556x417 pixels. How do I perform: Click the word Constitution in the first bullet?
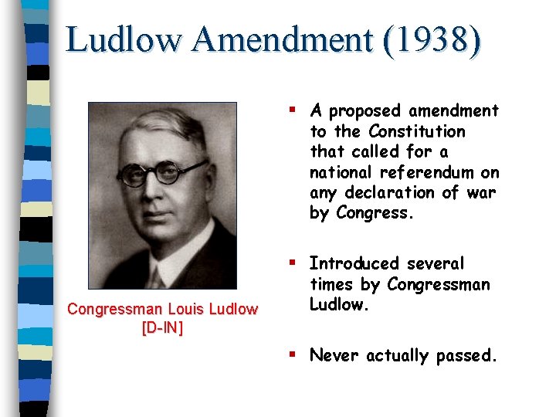click(x=417, y=131)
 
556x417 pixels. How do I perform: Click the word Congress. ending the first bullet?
click(x=375, y=213)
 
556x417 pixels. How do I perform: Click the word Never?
click(x=335, y=356)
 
